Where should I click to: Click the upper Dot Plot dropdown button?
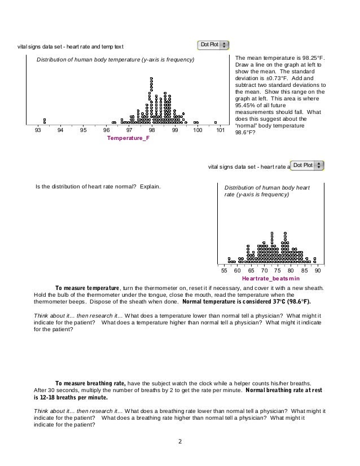[213, 45]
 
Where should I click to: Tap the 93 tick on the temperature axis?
[38, 130]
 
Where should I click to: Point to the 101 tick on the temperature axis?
[221, 130]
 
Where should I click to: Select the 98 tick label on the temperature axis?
[152, 130]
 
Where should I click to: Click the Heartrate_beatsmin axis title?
[270, 279]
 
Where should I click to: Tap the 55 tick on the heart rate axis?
[224, 271]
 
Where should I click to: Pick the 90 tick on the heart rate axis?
[318, 271]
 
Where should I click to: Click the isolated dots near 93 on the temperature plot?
[45, 121]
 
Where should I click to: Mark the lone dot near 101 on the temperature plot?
[215, 122]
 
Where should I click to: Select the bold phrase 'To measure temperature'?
[88, 287]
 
